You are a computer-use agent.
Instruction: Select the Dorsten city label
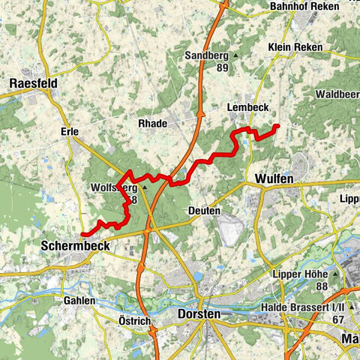[x=200, y=314]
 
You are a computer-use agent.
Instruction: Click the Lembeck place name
[x=247, y=108]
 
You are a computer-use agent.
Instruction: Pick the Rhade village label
[x=152, y=123]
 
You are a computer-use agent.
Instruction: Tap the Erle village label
[x=67, y=132]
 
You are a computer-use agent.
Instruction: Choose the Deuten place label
[x=205, y=211]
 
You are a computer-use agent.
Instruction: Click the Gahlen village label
[x=79, y=300]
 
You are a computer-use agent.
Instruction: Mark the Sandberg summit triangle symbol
[x=235, y=56]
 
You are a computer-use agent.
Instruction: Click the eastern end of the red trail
[x=277, y=125]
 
